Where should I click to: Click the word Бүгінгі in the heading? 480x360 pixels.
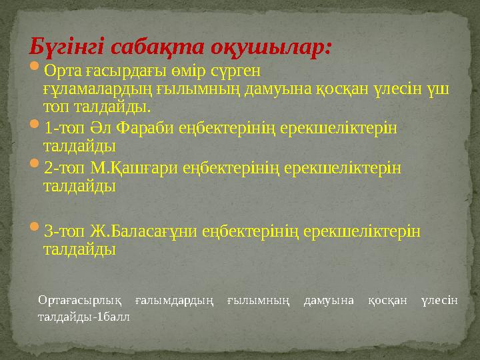click(67, 47)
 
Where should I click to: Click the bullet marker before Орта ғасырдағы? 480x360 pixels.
click(35, 69)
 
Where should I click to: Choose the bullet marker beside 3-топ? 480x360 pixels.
click(35, 231)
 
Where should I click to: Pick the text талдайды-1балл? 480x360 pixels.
click(84, 317)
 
